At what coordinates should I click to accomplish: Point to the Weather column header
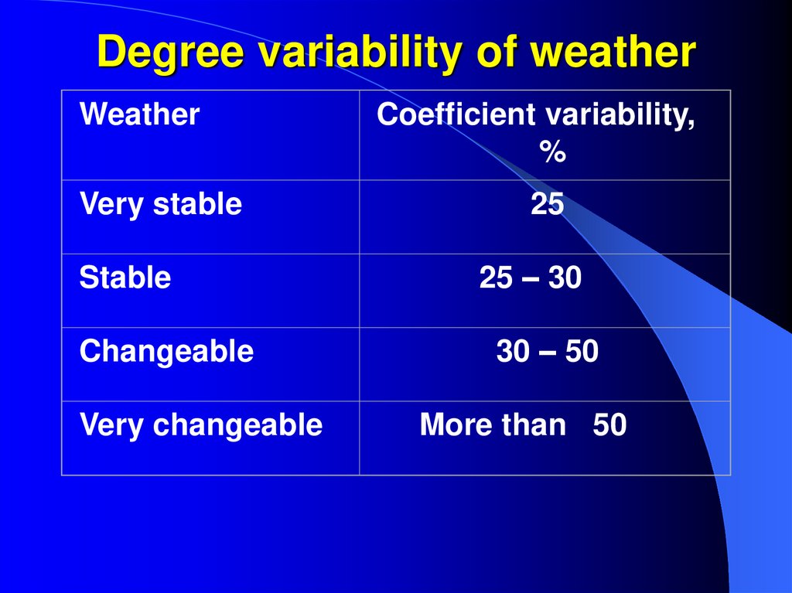point(140,115)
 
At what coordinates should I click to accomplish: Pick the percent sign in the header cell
point(552,152)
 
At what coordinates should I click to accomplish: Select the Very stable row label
point(161,204)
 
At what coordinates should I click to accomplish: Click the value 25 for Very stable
point(547,204)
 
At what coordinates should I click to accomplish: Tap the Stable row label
point(125,278)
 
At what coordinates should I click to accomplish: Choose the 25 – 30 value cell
point(530,278)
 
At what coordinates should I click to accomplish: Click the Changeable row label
point(166,352)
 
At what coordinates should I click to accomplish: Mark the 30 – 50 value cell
point(547,352)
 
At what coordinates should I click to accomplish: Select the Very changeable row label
point(200,424)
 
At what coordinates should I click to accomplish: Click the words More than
point(493,425)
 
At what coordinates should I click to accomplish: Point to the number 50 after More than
point(609,425)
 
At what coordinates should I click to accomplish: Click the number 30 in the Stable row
point(565,278)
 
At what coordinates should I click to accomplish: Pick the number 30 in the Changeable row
point(513,352)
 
